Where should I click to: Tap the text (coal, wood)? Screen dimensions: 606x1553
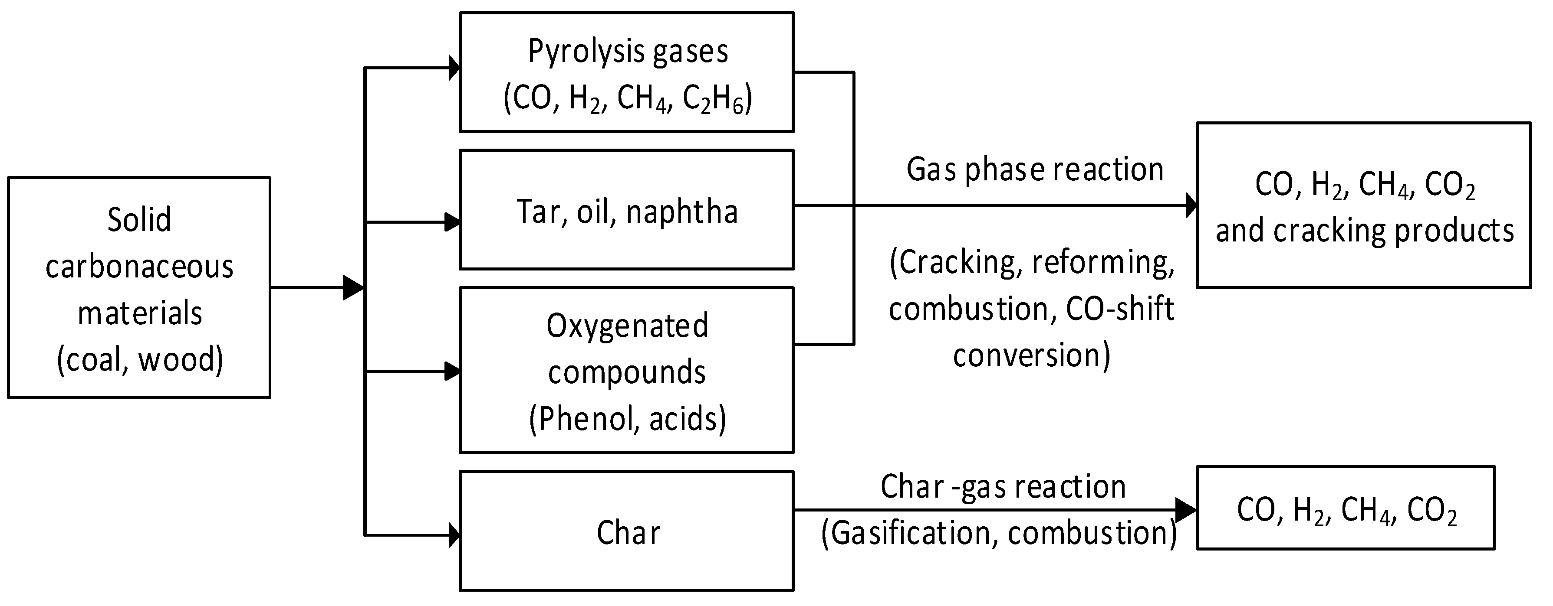click(140, 360)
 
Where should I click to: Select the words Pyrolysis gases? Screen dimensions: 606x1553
click(628, 52)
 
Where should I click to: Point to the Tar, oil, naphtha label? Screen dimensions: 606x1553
click(627, 212)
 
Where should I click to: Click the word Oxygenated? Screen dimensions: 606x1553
click(627, 326)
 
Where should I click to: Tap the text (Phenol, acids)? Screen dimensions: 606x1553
click(628, 419)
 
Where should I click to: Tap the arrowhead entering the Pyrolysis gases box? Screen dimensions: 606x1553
click(454, 68)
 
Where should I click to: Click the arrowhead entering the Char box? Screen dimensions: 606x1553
click(454, 535)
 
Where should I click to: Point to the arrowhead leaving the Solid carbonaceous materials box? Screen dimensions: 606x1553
click(353, 288)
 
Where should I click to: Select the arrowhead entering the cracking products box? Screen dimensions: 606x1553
click(1191, 205)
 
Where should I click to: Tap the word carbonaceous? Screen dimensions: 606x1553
click(139, 267)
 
